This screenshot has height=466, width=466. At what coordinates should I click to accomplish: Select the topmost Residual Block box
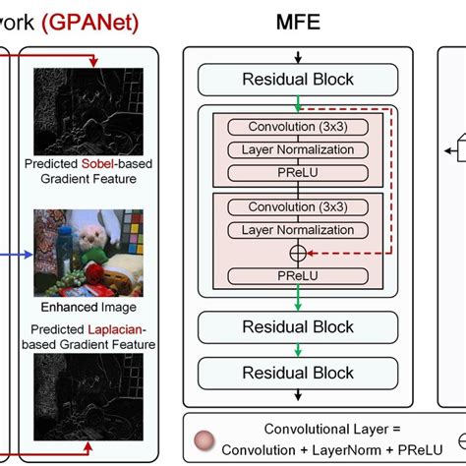point(298,79)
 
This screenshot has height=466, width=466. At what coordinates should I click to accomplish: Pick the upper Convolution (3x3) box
point(298,127)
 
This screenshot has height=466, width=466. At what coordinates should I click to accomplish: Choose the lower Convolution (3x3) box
point(298,207)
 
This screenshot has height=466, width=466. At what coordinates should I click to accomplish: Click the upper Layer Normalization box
point(298,149)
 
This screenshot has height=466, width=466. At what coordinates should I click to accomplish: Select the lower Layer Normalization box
point(298,230)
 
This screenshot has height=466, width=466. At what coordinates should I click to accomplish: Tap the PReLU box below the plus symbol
point(298,274)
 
